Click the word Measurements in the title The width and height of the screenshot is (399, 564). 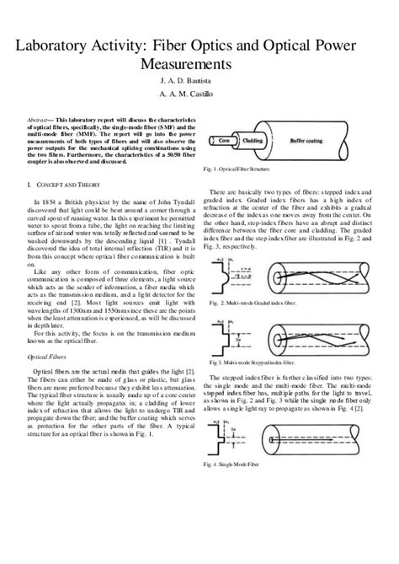click(x=199, y=63)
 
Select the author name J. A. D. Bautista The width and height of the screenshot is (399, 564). click(x=199, y=81)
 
